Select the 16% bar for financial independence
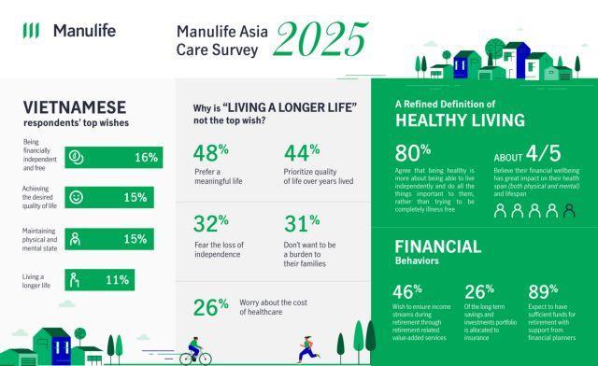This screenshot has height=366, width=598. point(113,157)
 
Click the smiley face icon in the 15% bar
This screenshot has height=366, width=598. point(78,198)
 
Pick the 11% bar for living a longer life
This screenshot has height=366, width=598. point(99,279)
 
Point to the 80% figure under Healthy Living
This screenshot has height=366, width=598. point(412,153)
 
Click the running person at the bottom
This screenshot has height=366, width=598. point(305,348)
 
